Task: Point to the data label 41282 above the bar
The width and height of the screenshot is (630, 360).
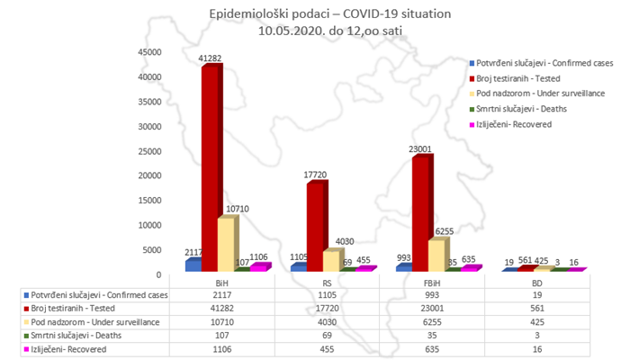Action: click(x=210, y=59)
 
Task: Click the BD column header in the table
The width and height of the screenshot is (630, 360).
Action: click(x=535, y=283)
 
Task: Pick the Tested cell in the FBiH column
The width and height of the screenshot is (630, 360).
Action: click(x=429, y=307)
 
